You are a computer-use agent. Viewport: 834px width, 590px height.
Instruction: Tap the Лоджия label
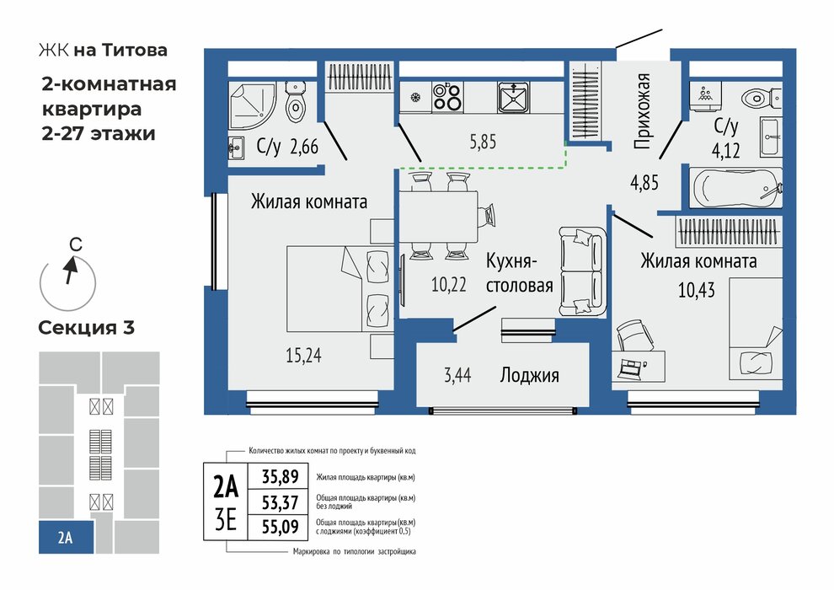pyautogui.click(x=529, y=376)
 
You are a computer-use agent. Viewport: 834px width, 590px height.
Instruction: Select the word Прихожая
pyautogui.click(x=644, y=111)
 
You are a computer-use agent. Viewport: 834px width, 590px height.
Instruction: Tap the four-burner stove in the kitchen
pyautogui.click(x=446, y=97)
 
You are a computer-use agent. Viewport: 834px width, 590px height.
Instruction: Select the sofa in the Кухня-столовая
pyautogui.click(x=581, y=270)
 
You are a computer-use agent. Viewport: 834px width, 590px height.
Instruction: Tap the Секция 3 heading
pyautogui.click(x=86, y=327)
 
